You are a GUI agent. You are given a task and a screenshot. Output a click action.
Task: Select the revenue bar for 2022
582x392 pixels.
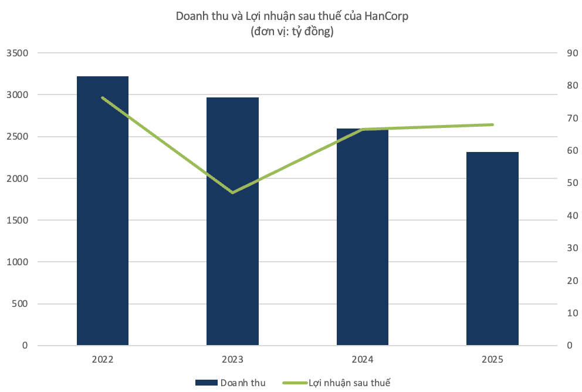click(103, 211)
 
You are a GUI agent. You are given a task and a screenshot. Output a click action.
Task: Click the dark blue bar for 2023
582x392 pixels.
click(232, 221)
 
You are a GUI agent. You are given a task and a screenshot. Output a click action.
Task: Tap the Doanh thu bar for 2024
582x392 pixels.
click(362, 237)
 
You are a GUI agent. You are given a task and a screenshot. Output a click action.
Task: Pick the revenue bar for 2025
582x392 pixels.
click(492, 248)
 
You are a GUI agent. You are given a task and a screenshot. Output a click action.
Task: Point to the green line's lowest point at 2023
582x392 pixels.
click(233, 192)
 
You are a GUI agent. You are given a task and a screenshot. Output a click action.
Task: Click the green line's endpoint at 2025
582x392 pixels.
click(493, 125)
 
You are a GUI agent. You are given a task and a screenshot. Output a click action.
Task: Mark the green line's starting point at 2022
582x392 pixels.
click(103, 97)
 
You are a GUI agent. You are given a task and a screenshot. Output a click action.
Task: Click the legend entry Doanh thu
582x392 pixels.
click(231, 383)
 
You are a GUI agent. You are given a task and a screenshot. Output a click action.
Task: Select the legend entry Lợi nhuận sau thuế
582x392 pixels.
click(336, 383)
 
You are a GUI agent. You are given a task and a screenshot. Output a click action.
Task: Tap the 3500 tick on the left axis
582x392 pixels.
click(18, 53)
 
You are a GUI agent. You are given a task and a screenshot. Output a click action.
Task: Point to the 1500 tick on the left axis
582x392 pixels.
click(18, 220)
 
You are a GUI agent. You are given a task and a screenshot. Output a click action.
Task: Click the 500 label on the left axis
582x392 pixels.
click(20, 303)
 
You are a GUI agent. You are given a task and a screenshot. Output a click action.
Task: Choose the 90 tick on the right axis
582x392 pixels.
click(573, 53)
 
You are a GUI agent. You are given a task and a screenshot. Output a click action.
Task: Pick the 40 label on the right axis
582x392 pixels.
click(573, 216)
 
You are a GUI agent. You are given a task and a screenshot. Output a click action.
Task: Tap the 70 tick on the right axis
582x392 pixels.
click(573, 118)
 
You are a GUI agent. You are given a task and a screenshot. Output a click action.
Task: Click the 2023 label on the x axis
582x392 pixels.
click(232, 359)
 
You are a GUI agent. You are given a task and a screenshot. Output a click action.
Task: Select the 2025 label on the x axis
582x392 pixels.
click(492, 359)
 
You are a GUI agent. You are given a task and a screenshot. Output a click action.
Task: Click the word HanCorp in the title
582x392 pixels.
click(386, 16)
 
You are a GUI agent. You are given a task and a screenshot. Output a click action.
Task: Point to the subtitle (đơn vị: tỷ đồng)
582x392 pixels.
click(292, 31)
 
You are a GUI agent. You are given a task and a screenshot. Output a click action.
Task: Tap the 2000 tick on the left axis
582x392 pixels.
click(18, 178)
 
